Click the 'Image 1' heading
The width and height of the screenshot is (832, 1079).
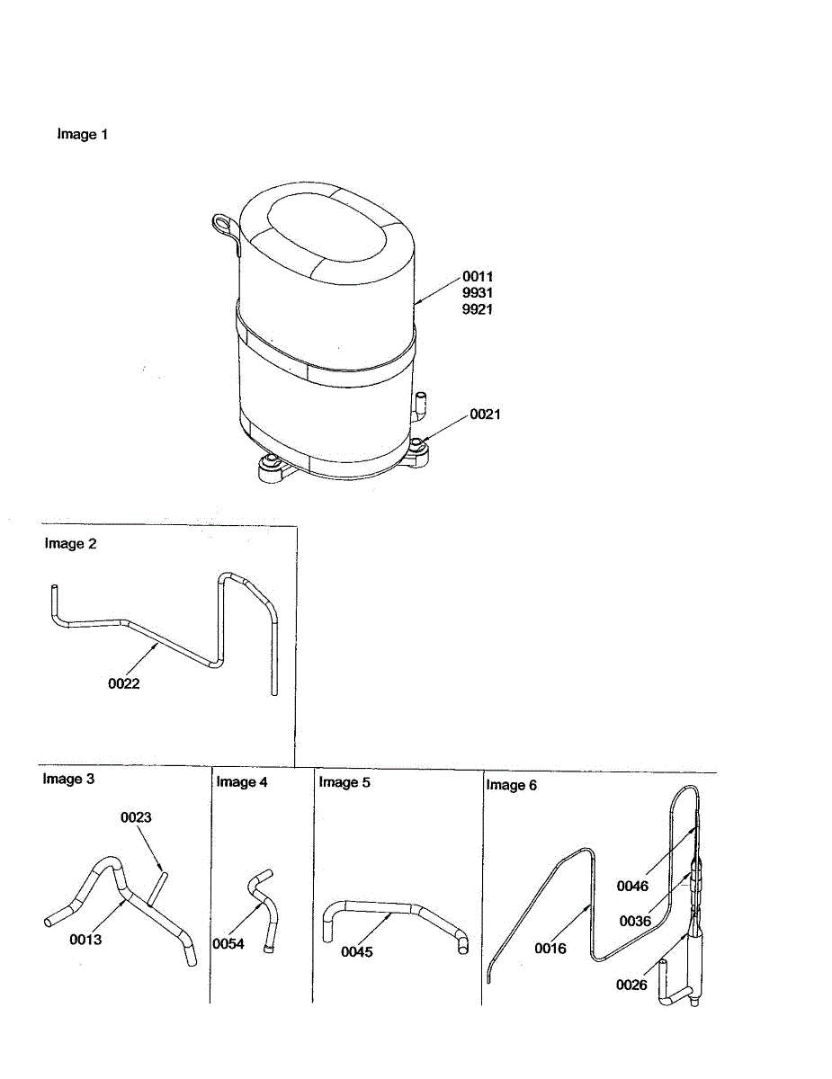pyautogui.click(x=83, y=135)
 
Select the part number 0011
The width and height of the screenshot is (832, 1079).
pyautogui.click(x=478, y=277)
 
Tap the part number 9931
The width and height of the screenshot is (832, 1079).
pyautogui.click(x=478, y=293)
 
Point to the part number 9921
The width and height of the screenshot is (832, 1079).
pyautogui.click(x=478, y=309)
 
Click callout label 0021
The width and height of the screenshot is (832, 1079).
pyautogui.click(x=485, y=415)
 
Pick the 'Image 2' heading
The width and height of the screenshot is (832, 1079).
pyautogui.click(x=70, y=543)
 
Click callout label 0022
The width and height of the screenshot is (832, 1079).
pyautogui.click(x=124, y=683)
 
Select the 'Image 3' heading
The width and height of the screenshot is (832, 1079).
pyautogui.click(x=68, y=779)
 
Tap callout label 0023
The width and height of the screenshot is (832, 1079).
pyautogui.click(x=137, y=817)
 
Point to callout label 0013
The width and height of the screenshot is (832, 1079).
pyautogui.click(x=85, y=940)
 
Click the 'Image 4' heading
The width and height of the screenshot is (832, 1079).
pyautogui.click(x=241, y=782)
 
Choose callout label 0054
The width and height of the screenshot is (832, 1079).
pyautogui.click(x=228, y=943)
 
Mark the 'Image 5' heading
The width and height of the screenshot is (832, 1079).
pyautogui.click(x=344, y=782)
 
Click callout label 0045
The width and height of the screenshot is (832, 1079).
pyautogui.click(x=356, y=952)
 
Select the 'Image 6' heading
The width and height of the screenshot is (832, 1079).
pyautogui.click(x=511, y=785)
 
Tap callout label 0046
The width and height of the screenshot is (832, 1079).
pyautogui.click(x=632, y=886)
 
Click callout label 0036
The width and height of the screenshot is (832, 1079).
pyautogui.click(x=634, y=921)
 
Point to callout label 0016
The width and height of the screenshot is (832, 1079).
pyautogui.click(x=550, y=948)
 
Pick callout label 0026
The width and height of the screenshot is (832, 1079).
pyautogui.click(x=631, y=985)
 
